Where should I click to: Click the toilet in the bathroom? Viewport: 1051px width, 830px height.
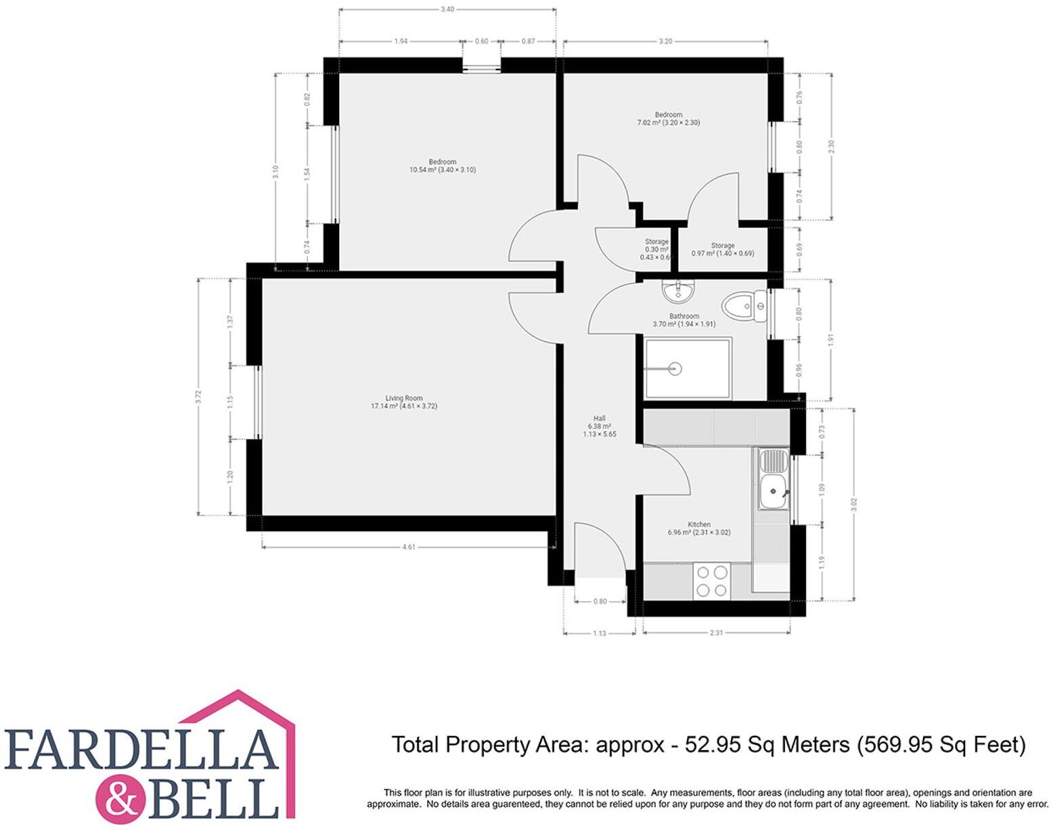740,306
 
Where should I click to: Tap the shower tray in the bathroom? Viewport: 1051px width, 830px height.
688,369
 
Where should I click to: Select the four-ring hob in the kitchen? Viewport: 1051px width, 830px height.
713,581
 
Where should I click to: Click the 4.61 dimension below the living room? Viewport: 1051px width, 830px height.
409,547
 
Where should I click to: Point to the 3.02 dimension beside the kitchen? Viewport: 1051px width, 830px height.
854,504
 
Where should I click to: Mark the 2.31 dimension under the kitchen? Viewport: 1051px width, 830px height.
716,633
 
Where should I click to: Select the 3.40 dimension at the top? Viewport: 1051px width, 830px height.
447,9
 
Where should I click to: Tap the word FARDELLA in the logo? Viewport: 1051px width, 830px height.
142,750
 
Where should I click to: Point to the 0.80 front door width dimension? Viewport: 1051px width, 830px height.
600,601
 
